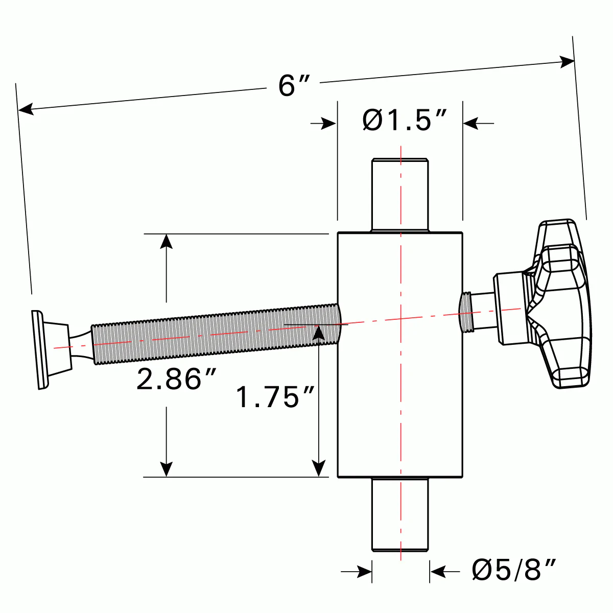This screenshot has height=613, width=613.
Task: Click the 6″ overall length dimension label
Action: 294,85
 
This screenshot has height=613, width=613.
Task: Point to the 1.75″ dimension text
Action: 275,397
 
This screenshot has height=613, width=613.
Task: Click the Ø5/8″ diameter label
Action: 513,570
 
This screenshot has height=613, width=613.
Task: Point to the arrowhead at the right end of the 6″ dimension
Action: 567,62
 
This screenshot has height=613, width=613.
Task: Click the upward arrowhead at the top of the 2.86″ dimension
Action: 166,241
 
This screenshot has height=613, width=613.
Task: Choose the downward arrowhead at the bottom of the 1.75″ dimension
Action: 319,468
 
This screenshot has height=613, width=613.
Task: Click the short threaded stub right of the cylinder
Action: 467,312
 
